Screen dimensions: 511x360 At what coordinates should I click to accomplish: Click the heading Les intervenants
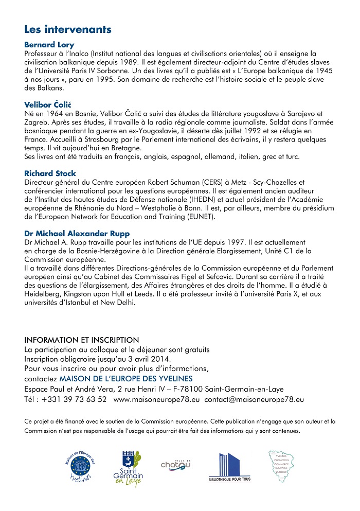point(68,29)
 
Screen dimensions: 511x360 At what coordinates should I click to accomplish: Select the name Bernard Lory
point(49,45)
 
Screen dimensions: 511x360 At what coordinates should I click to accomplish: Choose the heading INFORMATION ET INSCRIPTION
point(82,340)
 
